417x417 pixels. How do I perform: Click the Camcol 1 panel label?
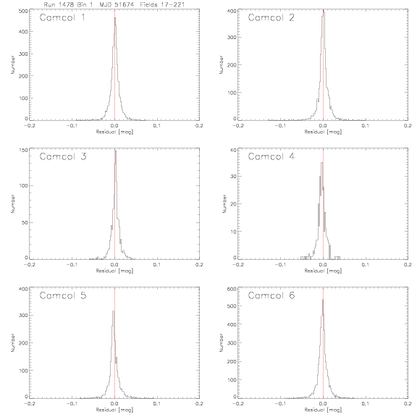pos(62,17)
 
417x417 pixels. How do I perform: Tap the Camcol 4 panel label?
pos(271,156)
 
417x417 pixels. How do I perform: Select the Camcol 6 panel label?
pos(271,295)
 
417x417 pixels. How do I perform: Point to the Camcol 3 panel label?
pos(63,156)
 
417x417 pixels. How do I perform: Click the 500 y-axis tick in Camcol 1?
pos(23,11)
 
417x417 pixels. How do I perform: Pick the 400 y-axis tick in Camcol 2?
pos(232,11)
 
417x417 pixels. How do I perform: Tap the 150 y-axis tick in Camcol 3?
pos(23,150)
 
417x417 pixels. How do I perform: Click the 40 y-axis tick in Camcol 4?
pos(233,150)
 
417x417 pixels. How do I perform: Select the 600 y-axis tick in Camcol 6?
pos(232,289)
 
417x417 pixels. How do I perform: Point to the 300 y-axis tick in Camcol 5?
pos(23,315)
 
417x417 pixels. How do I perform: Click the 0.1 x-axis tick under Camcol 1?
pos(157,125)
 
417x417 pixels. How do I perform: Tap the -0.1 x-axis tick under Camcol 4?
pos(280,265)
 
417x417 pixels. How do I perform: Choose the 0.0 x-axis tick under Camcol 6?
pos(323,404)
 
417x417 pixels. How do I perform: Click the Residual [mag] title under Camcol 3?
pos(114,271)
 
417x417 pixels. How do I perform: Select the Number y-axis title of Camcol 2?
pos(222,64)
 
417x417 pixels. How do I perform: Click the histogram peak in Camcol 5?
pos(113,311)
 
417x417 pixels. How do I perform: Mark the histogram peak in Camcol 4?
pos(321,162)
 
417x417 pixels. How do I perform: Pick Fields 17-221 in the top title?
pos(162,4)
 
